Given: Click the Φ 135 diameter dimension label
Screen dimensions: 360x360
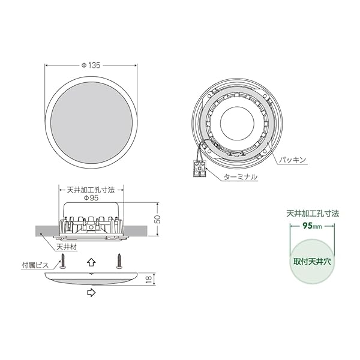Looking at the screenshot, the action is [x=91, y=65].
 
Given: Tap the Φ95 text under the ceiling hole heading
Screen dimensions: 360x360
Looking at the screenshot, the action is [x=91, y=198].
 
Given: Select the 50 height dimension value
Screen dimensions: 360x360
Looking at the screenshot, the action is [x=157, y=219].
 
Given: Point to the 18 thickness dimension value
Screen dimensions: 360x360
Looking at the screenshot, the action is [x=149, y=279].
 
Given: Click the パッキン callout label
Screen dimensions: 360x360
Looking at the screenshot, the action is [x=293, y=160].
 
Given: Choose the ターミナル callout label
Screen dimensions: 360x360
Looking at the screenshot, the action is [x=240, y=177].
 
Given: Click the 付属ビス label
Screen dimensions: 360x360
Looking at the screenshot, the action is [x=35, y=265].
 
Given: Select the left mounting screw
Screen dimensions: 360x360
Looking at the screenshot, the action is [x=62, y=261].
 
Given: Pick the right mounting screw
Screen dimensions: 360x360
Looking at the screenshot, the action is [x=119, y=261].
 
